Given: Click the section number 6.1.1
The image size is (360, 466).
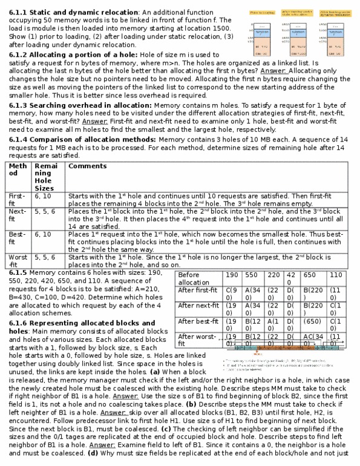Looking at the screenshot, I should point(19,12).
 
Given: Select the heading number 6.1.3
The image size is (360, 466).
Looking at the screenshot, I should point(19,105).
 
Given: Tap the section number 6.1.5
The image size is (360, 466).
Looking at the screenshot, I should point(19,274).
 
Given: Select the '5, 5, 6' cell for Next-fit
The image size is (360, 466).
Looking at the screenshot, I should point(45,212).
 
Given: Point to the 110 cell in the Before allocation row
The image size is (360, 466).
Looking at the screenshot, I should point(336,275).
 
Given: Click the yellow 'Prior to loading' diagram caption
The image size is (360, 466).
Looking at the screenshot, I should point(262,11).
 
